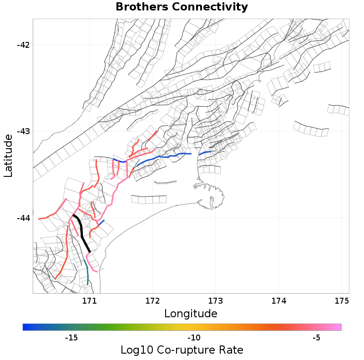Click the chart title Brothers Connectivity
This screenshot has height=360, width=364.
click(182, 7)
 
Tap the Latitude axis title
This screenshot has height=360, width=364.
click(8, 155)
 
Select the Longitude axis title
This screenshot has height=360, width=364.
click(191, 313)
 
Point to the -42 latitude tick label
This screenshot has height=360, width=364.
click(23, 45)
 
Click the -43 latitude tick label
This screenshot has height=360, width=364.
click(23, 131)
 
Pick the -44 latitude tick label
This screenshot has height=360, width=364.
click(23, 218)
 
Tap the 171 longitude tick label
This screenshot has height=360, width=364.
click(90, 300)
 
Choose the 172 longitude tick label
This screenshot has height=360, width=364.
click(152, 300)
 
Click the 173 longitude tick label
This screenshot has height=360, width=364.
click(215, 300)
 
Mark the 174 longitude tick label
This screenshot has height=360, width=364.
click(278, 300)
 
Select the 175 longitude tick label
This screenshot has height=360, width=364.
click(341, 300)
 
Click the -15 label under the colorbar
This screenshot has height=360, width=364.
click(71, 338)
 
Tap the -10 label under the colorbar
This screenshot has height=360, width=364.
click(194, 338)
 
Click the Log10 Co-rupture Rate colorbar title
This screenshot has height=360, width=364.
click(182, 350)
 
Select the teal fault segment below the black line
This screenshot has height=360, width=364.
click(86, 273)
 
